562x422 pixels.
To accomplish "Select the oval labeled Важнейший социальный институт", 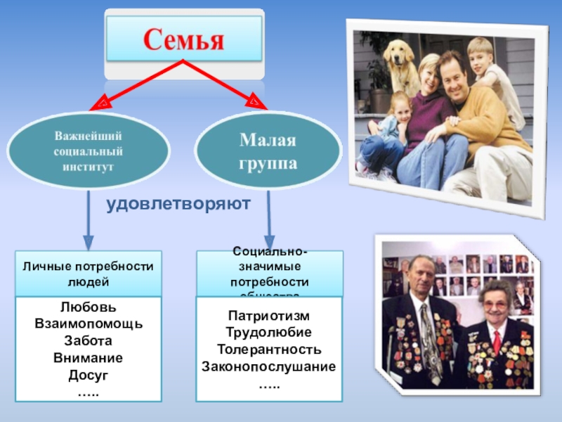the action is [x=89, y=149].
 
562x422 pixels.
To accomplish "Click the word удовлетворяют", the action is [x=178, y=205].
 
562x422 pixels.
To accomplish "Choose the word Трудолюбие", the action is [x=268, y=333].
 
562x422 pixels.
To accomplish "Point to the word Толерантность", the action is [x=268, y=349].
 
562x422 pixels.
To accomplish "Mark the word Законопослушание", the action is [x=268, y=366].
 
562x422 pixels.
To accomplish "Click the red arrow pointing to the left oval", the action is [x=133, y=87].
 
